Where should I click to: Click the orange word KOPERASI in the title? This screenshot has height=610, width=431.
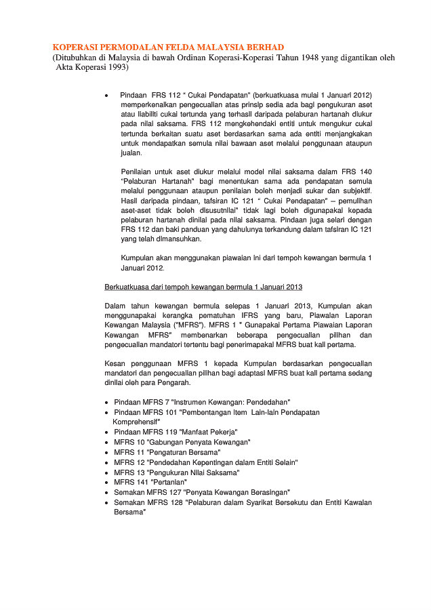click(x=77, y=47)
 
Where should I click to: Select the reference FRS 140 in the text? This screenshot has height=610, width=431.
click(x=356, y=171)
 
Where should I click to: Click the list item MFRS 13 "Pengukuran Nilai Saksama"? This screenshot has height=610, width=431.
click(x=176, y=472)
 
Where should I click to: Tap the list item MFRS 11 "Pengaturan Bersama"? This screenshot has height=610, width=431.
click(x=167, y=451)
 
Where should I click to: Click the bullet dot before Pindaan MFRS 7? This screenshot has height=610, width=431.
click(x=107, y=403)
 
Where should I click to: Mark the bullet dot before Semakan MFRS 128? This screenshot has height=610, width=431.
click(x=107, y=502)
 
